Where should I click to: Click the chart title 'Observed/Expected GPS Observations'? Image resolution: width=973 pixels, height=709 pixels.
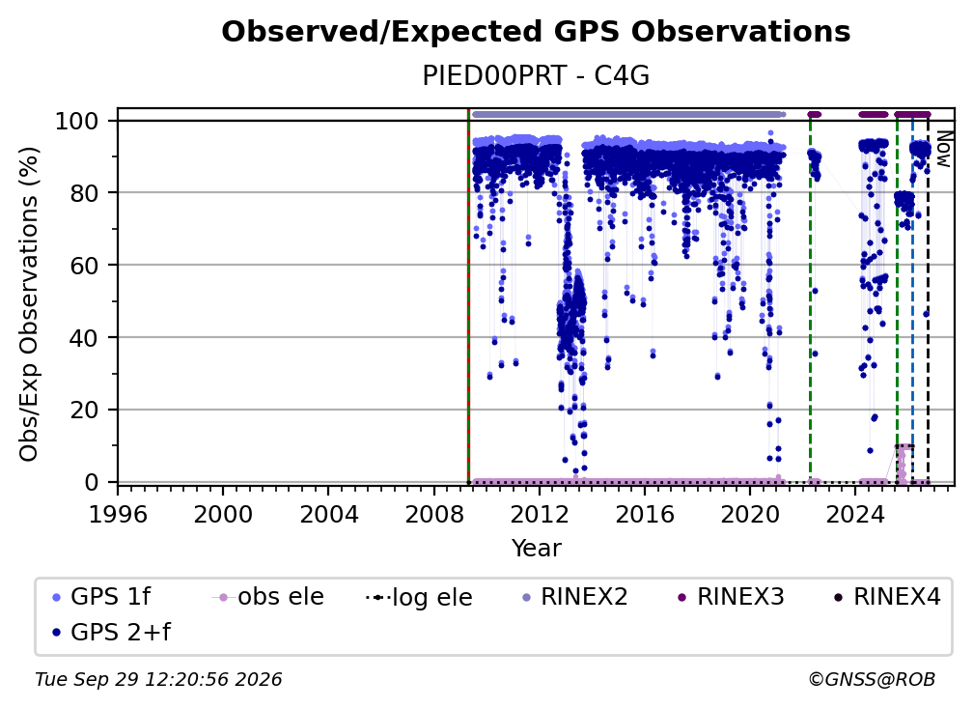536,32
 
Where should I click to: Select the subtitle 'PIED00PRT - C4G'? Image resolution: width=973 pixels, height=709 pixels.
536,76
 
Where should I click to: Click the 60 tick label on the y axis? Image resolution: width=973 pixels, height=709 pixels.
84,265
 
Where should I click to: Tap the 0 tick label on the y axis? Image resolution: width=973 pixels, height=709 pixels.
92,482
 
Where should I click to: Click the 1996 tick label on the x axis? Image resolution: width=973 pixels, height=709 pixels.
118,515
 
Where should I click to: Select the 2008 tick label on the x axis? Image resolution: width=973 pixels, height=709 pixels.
433,515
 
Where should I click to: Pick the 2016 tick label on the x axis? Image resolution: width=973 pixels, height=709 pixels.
644,515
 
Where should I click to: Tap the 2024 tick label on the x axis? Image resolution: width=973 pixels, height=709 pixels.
854,515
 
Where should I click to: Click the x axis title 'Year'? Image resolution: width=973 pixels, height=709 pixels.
536,549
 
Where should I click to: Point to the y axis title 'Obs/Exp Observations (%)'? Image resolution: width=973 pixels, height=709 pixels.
29,304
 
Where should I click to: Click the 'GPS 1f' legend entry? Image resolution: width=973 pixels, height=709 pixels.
101,597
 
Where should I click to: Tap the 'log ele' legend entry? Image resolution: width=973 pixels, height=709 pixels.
420,598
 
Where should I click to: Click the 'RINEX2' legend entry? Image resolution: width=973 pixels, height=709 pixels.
575,597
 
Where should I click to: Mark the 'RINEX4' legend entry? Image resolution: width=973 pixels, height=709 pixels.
888,597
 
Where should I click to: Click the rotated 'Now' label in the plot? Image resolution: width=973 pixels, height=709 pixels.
943,149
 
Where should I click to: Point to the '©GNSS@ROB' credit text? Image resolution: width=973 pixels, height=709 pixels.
872,680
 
